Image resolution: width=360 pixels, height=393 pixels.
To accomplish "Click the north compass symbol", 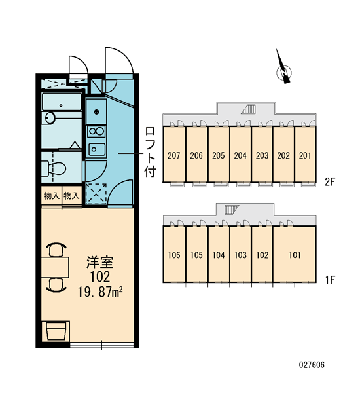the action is pos(284,71).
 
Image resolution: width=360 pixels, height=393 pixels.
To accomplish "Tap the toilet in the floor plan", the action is pos(54,168).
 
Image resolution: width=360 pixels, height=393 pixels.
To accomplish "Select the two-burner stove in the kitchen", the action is pos(96,132).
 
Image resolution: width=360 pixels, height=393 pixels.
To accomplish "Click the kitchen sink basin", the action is pos(97,149).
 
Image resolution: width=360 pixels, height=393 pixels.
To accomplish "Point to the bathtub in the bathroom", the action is pos(62,102).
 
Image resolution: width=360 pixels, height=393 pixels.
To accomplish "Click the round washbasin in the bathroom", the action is pos(50,118).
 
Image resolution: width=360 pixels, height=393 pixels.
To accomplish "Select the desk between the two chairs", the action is pos(55,267).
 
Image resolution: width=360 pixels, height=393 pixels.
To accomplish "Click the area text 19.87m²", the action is pos(100,291).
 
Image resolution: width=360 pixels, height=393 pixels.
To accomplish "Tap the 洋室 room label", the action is pos(99,262).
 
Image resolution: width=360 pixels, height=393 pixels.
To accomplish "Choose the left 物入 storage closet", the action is pos(51,195).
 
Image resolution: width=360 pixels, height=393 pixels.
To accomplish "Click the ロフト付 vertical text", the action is pos(151,152).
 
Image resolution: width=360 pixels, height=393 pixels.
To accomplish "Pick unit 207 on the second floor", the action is pos(174,155).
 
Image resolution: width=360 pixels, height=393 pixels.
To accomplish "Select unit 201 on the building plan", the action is pos(305,155).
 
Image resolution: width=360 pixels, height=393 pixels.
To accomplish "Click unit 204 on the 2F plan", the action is pos(240,155).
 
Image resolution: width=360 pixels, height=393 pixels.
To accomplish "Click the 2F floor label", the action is pos(330,182).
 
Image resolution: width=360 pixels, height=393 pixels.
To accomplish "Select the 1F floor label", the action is pos(330,280).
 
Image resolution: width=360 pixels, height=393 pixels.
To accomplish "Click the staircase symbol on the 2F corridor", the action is pos(249,109).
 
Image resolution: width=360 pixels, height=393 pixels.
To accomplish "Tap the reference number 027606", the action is pos(312,365).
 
